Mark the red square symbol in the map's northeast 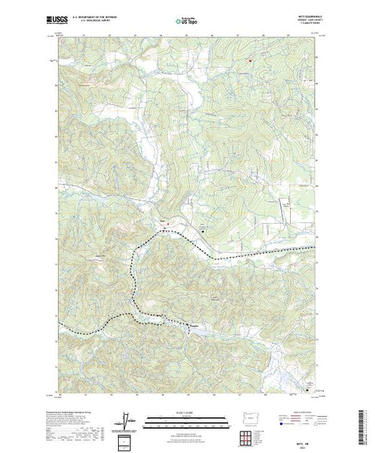click(250, 60)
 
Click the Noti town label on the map click(162, 221)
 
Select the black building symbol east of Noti click(202, 232)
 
